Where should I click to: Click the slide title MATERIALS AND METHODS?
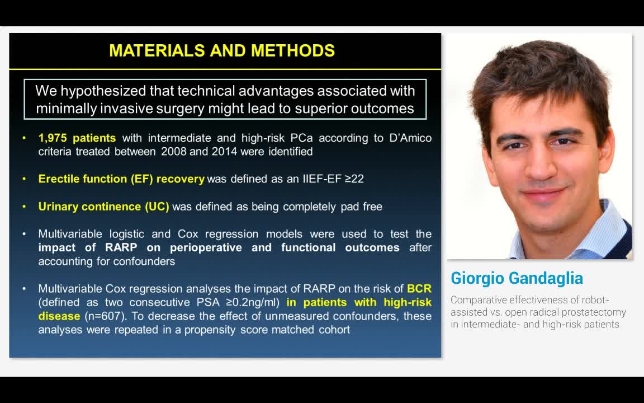coord(222,50)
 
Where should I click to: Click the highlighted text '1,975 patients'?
coord(77,138)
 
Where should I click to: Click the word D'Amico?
coord(410,138)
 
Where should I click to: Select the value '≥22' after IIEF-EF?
coord(354,179)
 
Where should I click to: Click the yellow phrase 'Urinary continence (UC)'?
coord(103,207)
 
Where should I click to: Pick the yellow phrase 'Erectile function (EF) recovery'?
coord(121,179)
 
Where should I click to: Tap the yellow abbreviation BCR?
coord(419,289)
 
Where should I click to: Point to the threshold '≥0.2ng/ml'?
coord(252,303)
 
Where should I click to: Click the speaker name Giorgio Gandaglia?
coord(517,278)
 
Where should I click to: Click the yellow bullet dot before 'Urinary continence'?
coord(24,207)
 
